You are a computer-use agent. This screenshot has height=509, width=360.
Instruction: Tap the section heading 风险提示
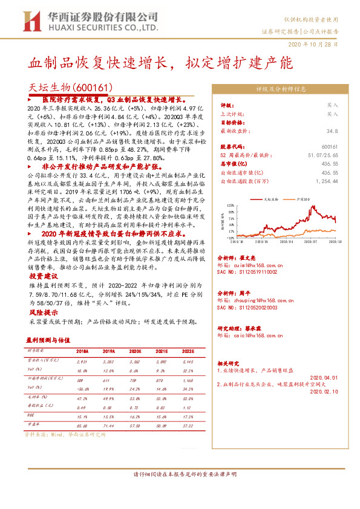pos(42,313)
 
